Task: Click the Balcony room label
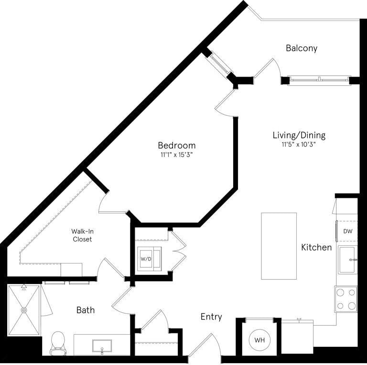coord(301,48)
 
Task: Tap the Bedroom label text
coord(177,145)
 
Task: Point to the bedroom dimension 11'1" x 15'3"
coord(177,155)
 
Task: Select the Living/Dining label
coord(299,135)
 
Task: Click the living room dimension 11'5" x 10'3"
coord(299,144)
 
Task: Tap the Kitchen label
coord(316,247)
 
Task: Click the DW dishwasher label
coord(347,231)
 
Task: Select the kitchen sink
coord(347,259)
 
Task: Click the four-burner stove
coord(345,298)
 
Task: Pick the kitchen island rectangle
coord(279,246)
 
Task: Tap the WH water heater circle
coord(259,340)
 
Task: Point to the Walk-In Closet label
coord(82,235)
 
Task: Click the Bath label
coord(86,310)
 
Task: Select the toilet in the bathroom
coord(58,342)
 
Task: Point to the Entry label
coord(211,317)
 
